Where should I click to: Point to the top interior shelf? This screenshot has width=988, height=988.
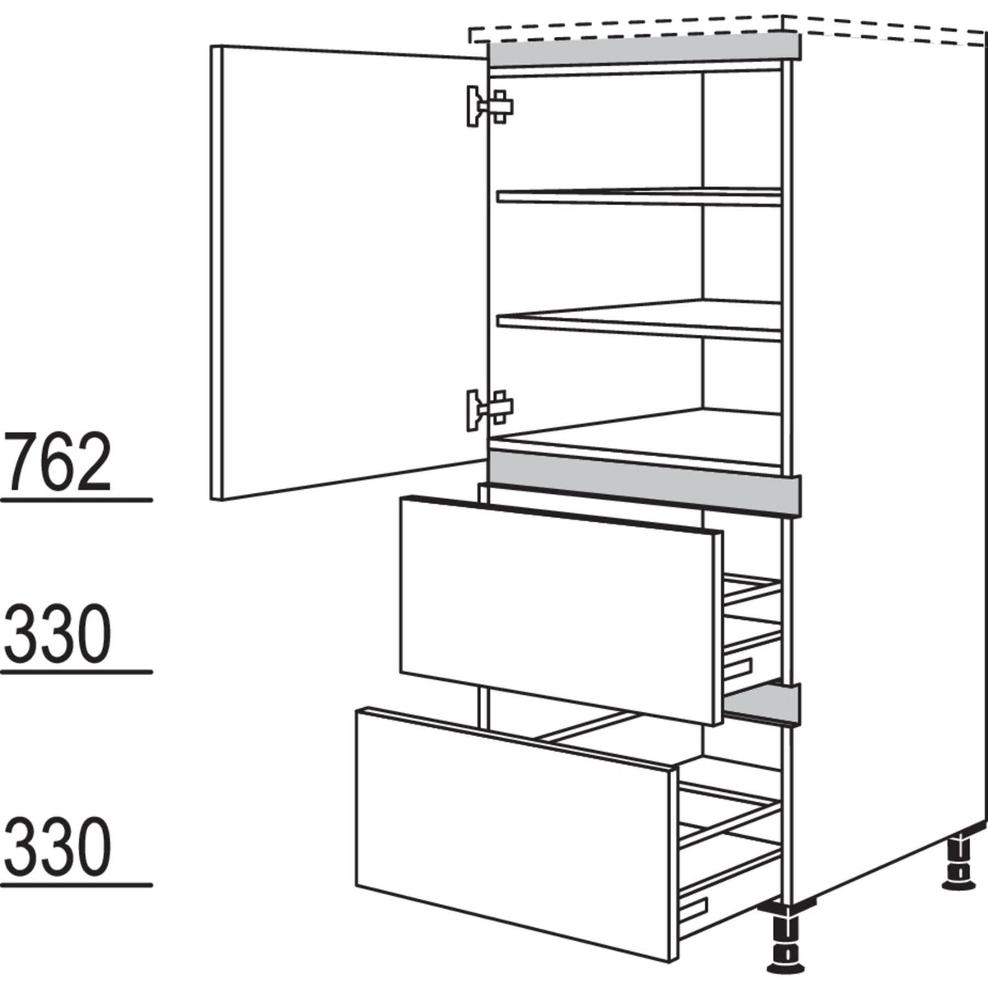click(638, 196)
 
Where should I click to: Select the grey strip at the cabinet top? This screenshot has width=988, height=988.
click(642, 50)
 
